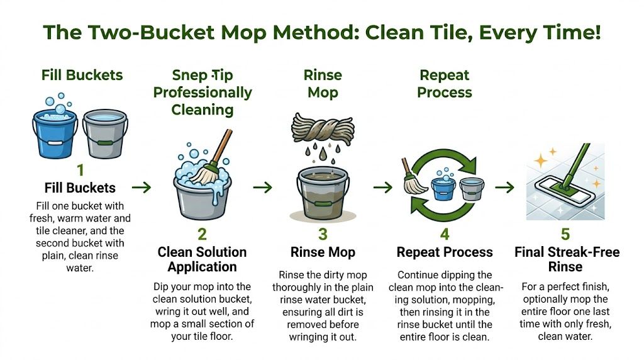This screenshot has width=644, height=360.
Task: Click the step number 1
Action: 80,170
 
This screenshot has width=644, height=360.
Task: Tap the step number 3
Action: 323,235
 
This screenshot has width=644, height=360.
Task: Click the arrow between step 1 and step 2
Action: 142,187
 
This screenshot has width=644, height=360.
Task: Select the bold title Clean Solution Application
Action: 202,259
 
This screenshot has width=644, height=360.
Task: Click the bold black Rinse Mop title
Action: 323,252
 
